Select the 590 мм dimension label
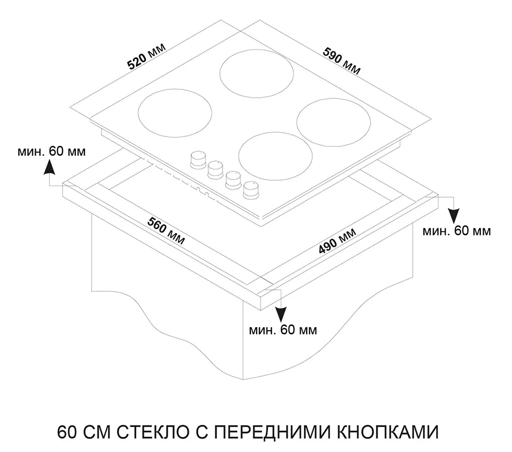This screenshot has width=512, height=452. point(342,61)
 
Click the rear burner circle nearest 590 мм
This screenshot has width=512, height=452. point(257,73)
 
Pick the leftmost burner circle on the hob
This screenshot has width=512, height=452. point(175,113)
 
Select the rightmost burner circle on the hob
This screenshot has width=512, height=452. point(334,122)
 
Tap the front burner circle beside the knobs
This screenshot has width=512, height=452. point(275,156)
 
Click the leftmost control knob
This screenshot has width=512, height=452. point(198,160)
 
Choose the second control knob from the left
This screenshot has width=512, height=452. point(215,170)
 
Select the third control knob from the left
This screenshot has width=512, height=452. point(233,180)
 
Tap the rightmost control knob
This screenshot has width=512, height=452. point(251,189)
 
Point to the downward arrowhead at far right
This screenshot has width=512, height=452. point(454,216)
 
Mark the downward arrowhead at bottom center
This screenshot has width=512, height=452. point(281,316)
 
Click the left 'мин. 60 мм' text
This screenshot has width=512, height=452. point(52,152)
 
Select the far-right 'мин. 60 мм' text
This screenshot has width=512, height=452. point(457,231)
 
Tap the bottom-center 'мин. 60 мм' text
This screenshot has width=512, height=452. point(283,330)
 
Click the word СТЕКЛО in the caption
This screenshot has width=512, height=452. point(153,432)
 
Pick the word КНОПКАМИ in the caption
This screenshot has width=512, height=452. point(387,432)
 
